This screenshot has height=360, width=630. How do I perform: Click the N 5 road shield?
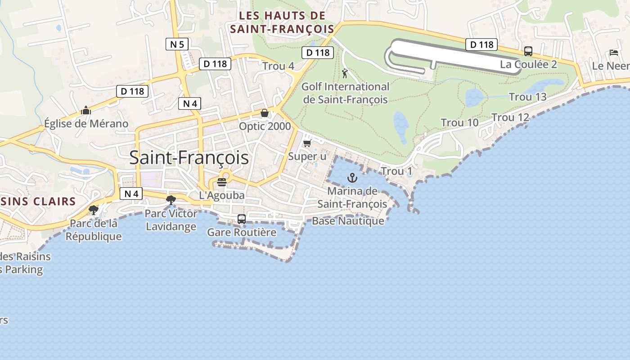[177, 44]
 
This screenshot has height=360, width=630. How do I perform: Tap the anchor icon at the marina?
[352, 178]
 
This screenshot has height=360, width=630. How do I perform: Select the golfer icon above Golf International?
[345, 73]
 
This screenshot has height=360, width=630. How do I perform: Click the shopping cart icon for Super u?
[307, 143]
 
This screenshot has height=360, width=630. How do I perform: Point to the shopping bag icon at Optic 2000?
[265, 113]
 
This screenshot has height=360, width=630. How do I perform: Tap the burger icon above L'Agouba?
[222, 182]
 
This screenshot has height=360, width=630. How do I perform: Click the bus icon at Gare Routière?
[242, 219]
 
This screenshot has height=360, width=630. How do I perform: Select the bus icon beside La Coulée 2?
[528, 51]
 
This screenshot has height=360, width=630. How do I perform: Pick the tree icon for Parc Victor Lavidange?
[171, 200]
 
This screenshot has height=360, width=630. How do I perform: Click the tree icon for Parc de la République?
[94, 210]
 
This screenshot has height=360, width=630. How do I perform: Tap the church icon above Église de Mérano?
[86, 110]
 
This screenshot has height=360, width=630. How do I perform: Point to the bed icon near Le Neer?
[614, 53]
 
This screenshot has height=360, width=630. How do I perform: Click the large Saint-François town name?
[189, 157]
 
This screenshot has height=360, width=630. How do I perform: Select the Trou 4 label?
[278, 66]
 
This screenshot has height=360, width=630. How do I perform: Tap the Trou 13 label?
[527, 97]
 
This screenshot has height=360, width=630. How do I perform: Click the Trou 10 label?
[459, 122]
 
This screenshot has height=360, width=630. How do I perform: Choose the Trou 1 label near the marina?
[396, 171]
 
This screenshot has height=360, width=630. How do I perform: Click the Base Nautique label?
[348, 221]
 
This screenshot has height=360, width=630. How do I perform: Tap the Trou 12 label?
[510, 117]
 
